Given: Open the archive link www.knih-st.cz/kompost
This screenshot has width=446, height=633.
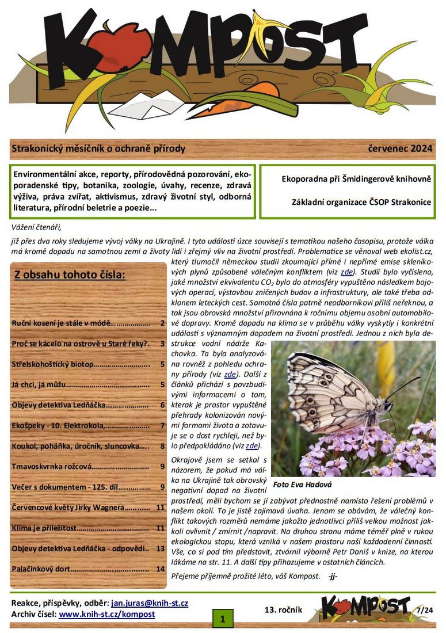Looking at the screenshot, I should click(x=107, y=614).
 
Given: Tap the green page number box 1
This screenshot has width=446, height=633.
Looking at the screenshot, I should click(x=222, y=619).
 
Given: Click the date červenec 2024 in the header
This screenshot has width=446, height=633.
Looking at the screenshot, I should click(x=400, y=149).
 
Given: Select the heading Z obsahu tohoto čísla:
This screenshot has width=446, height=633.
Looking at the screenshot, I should click(x=70, y=274).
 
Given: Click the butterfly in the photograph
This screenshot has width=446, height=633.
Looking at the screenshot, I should click(x=334, y=391).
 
